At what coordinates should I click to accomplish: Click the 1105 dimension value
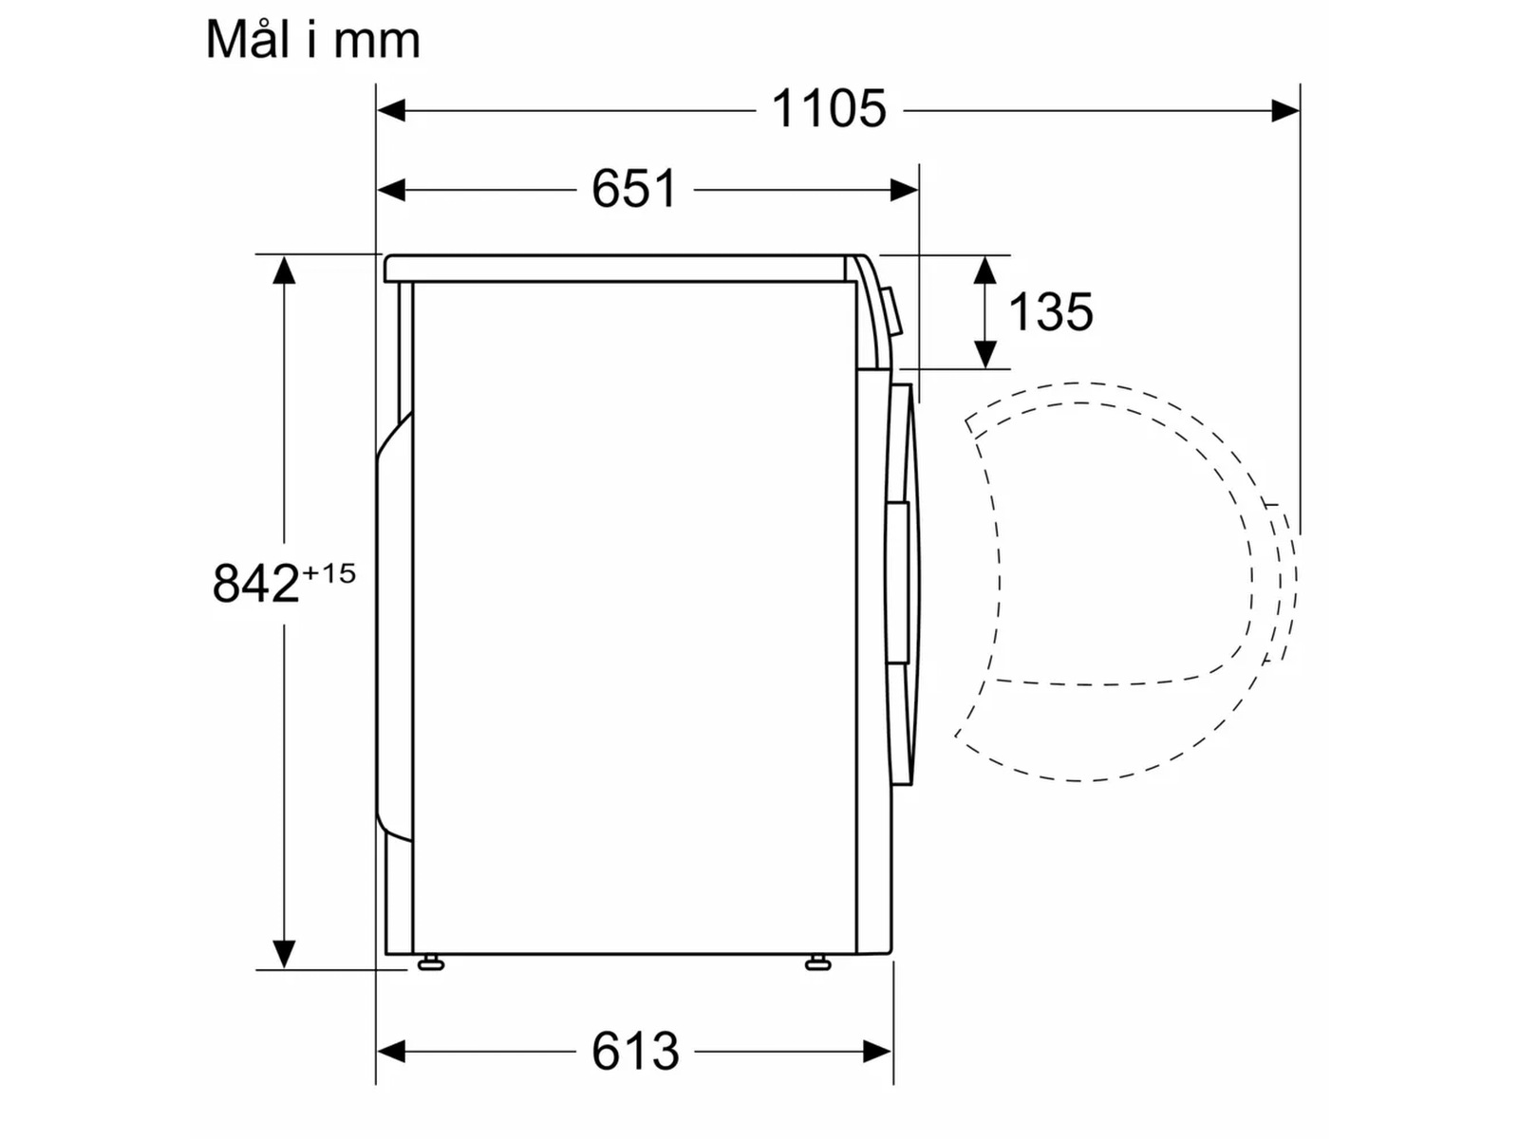pyautogui.click(x=829, y=109)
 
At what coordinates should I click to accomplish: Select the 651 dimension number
pyautogui.click(x=634, y=189)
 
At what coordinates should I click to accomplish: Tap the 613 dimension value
pyautogui.click(x=635, y=1051)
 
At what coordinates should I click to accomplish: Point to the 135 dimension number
pyautogui.click(x=1051, y=311)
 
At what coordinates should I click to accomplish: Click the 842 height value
pyautogui.click(x=255, y=583)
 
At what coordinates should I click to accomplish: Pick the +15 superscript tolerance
pyautogui.click(x=328, y=573)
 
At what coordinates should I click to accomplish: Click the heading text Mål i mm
pyautogui.click(x=312, y=40)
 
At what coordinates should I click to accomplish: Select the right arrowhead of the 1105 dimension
pyautogui.click(x=1285, y=110)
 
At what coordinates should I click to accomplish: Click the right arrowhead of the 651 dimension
pyautogui.click(x=905, y=190)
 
